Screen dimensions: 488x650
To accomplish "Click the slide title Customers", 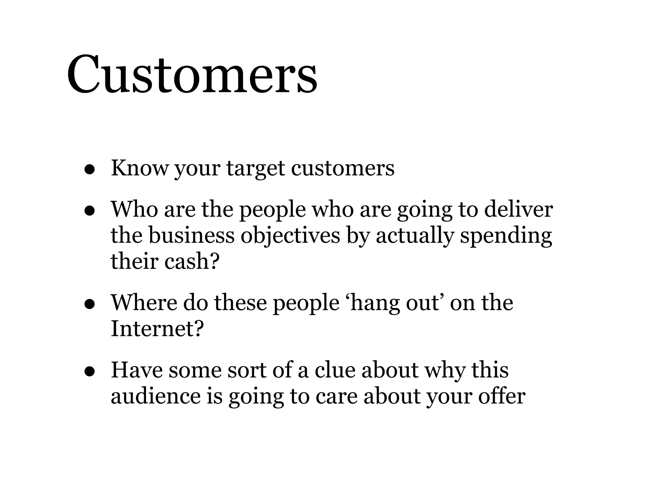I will [x=192, y=75].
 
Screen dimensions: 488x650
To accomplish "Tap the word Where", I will [x=143, y=302].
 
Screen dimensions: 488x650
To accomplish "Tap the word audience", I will [x=156, y=396].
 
